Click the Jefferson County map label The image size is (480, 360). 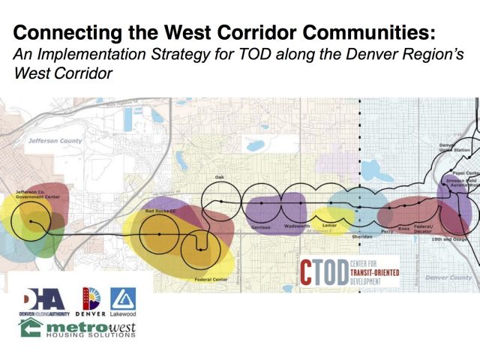53,139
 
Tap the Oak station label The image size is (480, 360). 220,177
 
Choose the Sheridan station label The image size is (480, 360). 361,235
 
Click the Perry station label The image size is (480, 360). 388,232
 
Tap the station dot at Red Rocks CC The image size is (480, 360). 160,235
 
